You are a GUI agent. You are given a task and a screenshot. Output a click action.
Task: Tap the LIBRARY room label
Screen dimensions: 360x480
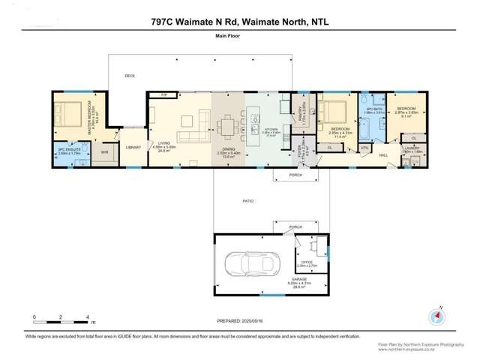click(134, 148)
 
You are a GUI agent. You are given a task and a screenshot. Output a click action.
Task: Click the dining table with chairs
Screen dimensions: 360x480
click(228, 124)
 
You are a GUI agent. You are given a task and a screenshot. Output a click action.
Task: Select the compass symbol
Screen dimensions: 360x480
click(433, 316)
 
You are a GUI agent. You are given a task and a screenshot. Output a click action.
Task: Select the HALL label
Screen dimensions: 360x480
click(383, 154)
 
